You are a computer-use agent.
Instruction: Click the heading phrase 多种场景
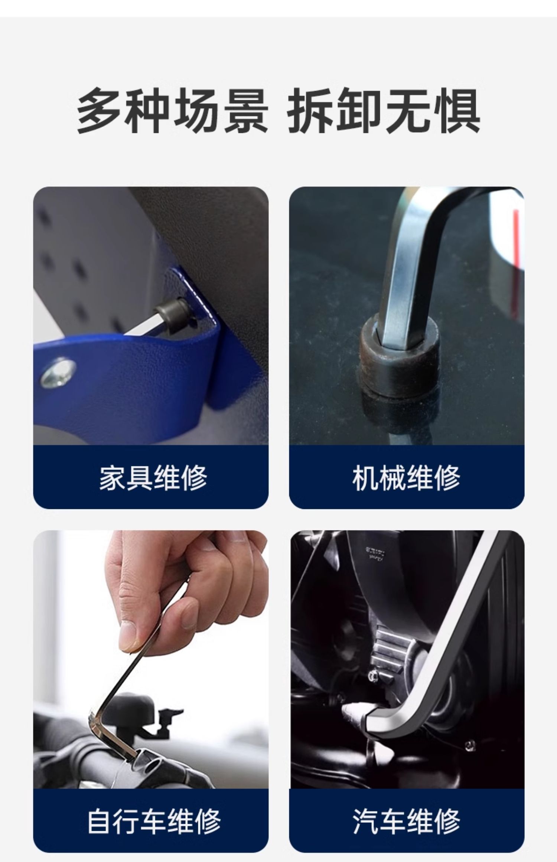click(x=172, y=111)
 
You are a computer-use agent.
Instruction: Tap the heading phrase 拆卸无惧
click(x=384, y=111)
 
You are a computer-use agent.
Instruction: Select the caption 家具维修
click(x=153, y=477)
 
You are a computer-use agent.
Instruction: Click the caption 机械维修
click(x=406, y=477)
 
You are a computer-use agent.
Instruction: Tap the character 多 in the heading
click(x=100, y=111)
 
